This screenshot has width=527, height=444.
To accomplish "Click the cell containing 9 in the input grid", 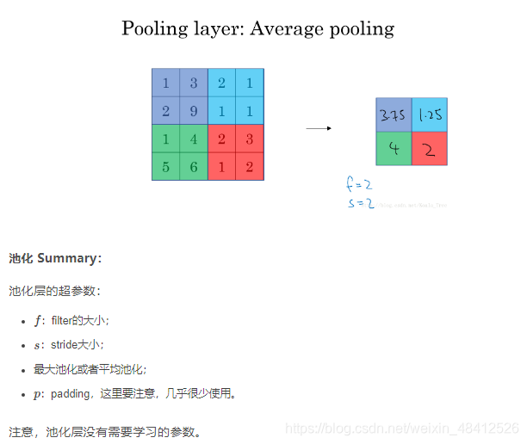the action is [194, 111].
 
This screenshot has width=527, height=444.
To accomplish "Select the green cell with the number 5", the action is [165, 167].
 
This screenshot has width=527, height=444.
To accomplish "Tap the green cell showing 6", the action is [194, 167].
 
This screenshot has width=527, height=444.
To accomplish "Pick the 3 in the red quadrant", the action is [250, 139].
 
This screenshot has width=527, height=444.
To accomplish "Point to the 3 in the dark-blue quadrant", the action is [194, 83].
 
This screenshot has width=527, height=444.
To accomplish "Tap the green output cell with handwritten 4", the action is [394, 148].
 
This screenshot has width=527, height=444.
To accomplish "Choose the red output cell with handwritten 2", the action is [430, 148].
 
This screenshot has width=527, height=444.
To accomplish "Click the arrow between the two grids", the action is [319, 128].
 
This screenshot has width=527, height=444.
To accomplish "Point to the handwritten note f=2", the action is [359, 184].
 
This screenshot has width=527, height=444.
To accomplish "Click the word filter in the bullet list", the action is [62, 320].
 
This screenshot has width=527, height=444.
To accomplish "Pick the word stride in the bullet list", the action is [65, 344].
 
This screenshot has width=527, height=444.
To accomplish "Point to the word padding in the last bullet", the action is [71, 394].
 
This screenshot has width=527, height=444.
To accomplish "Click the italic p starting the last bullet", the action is [37, 394].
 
